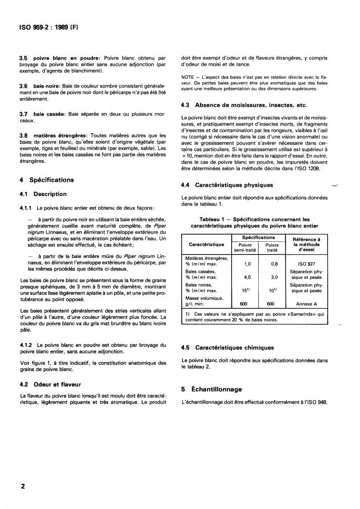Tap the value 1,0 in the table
point(247,263)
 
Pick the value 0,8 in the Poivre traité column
point(274,263)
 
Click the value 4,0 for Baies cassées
point(247,276)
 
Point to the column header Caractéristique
point(206,244)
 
